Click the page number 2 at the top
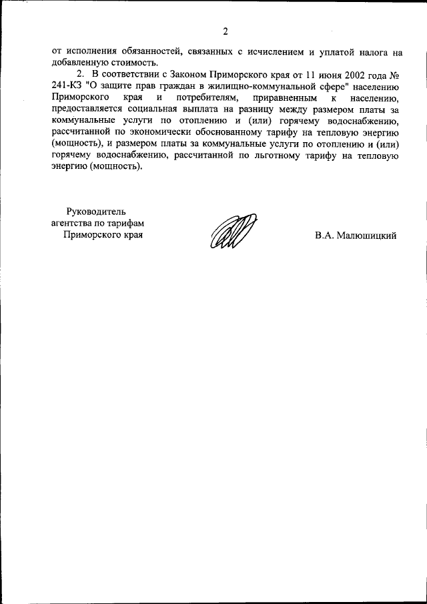click(x=226, y=31)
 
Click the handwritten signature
click(x=232, y=233)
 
